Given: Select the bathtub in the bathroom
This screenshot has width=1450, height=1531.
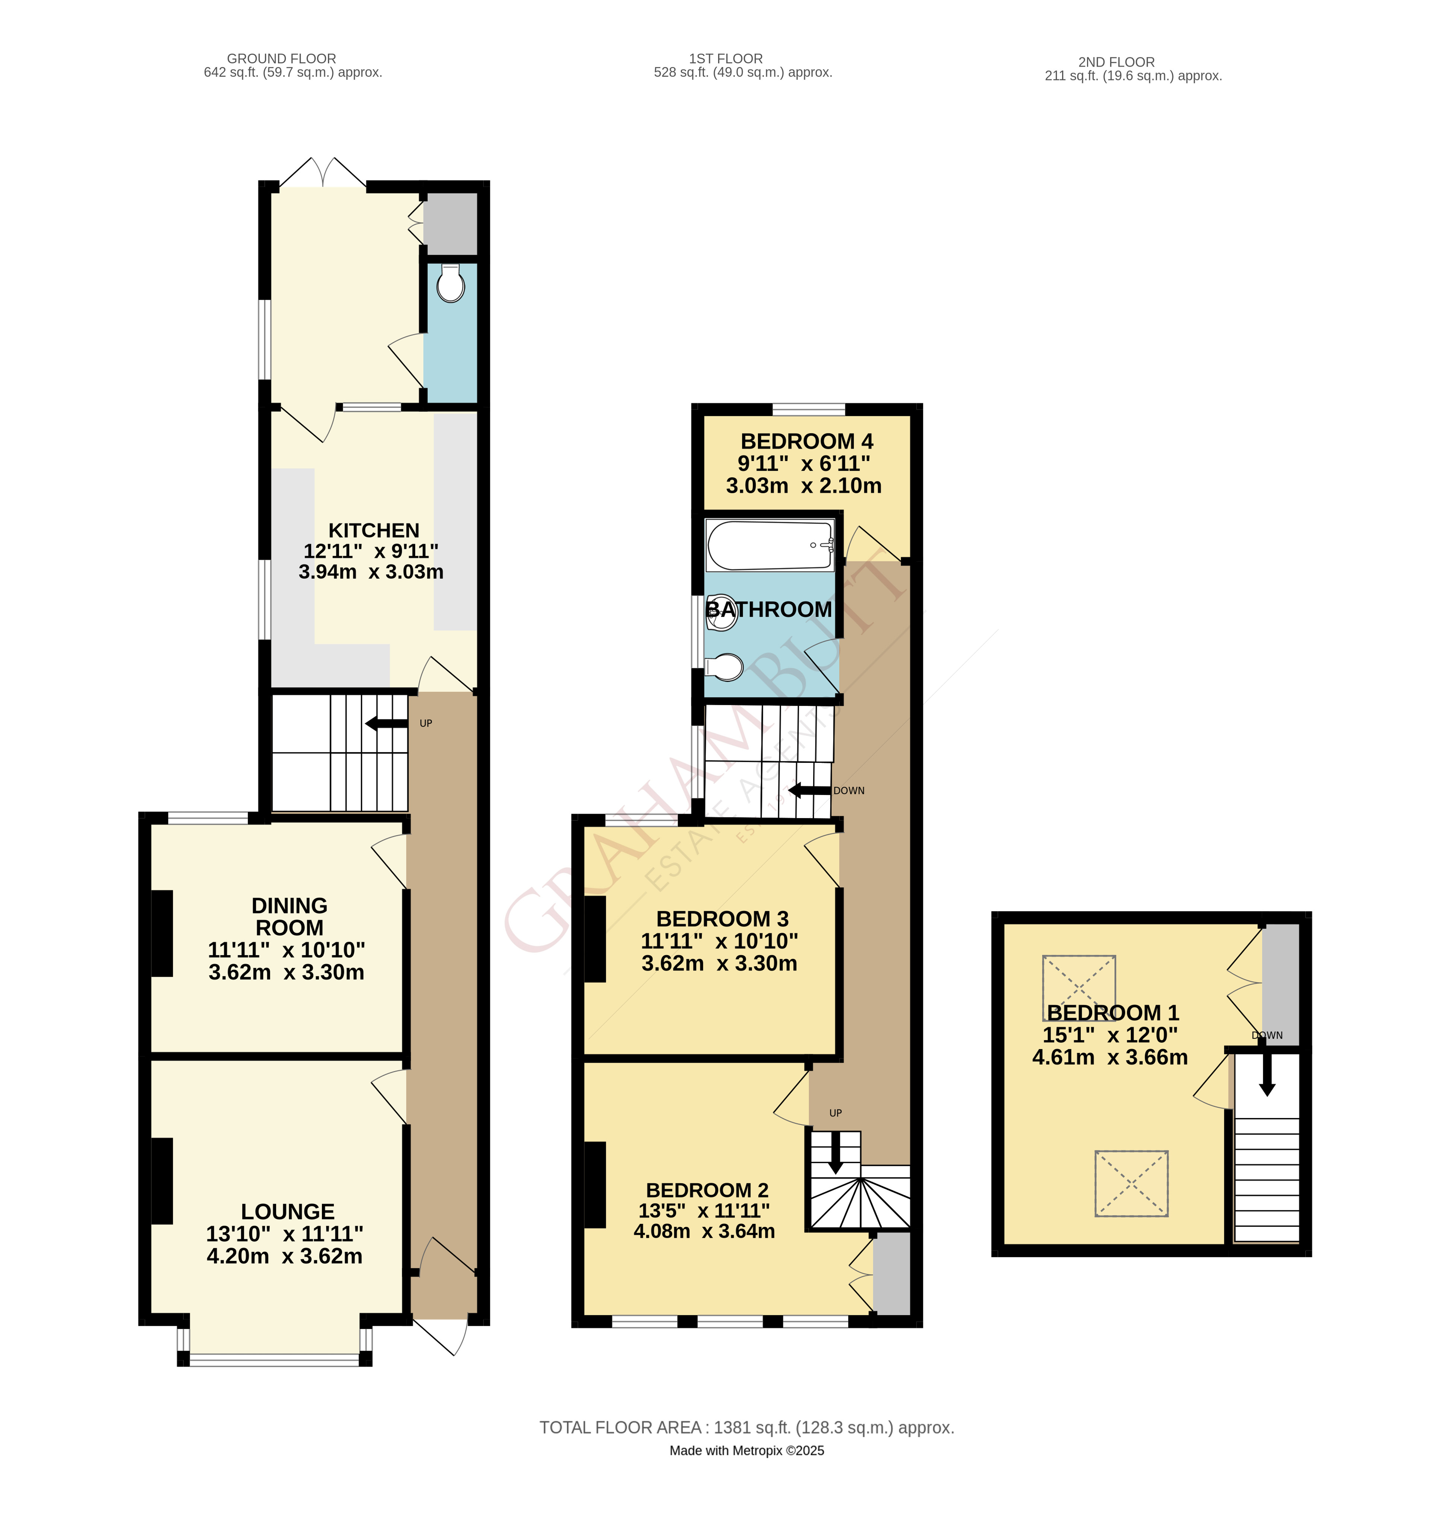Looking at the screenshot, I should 770,545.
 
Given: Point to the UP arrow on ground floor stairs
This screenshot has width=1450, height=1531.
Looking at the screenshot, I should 386,723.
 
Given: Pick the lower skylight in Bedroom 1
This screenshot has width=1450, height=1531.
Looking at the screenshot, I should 1131,1183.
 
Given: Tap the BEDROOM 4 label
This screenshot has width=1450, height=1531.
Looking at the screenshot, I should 806,441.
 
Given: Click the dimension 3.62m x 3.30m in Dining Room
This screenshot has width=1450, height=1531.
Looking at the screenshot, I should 286,972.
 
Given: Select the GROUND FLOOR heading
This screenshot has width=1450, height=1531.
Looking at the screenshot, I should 281,59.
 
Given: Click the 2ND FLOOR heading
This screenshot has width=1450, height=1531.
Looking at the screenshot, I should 1116,62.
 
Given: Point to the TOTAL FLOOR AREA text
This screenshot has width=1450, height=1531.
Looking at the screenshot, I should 746,1427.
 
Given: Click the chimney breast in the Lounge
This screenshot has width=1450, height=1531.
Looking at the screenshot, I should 161,1181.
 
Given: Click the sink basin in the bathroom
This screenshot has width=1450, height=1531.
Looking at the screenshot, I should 721,612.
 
